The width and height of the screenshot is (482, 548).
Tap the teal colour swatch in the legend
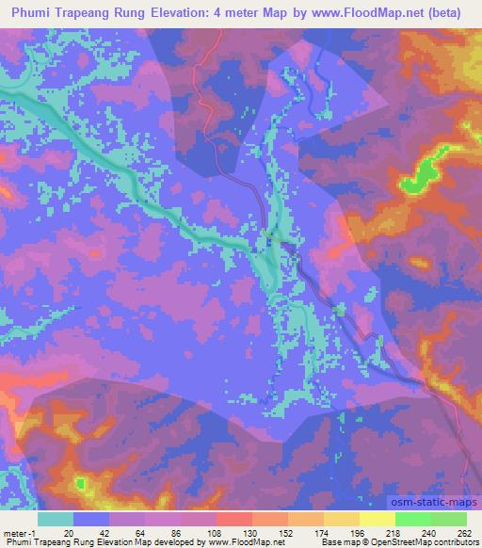pyautogui.click(x=56, y=518)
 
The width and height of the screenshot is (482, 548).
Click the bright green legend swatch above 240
pyautogui.click(x=413, y=518)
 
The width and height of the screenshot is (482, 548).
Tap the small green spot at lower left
pyautogui.click(x=80, y=484)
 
